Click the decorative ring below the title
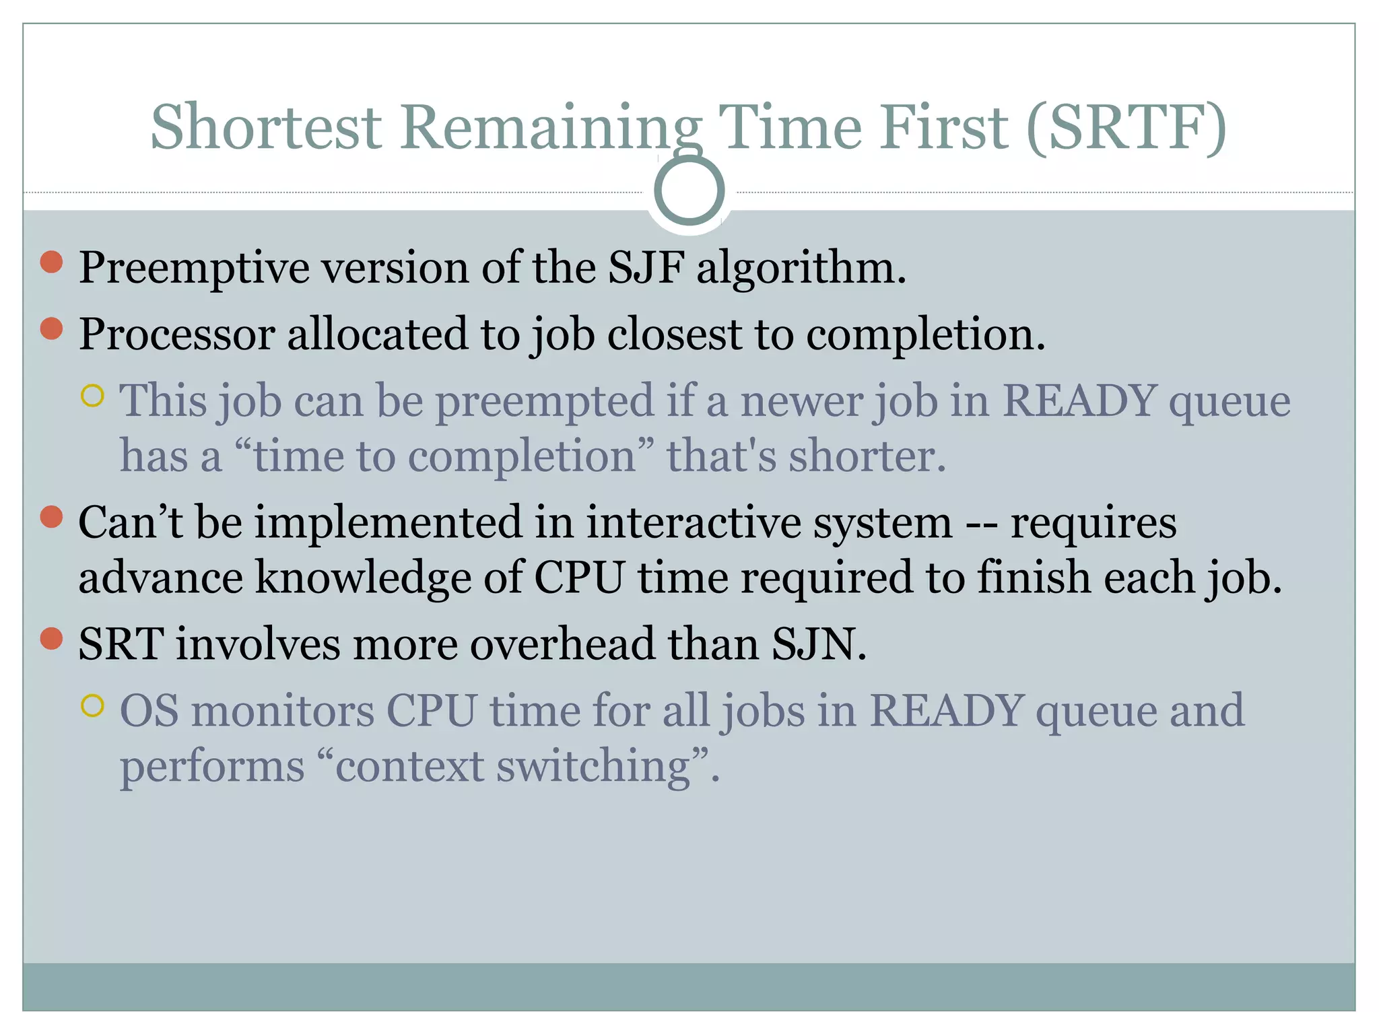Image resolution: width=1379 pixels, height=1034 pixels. [689, 191]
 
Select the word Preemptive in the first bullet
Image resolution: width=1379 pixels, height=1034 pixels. [194, 269]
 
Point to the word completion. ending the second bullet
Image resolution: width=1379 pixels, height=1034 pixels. [926, 335]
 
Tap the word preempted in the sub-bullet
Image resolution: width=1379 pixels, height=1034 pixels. [545, 402]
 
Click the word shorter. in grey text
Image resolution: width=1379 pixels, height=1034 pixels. [867, 456]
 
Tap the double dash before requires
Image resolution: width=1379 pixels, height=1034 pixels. [981, 524]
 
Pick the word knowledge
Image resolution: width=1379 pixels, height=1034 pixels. [363, 578]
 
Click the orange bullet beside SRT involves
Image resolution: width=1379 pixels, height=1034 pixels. [52, 638]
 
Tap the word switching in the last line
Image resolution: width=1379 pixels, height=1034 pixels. [593, 767]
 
